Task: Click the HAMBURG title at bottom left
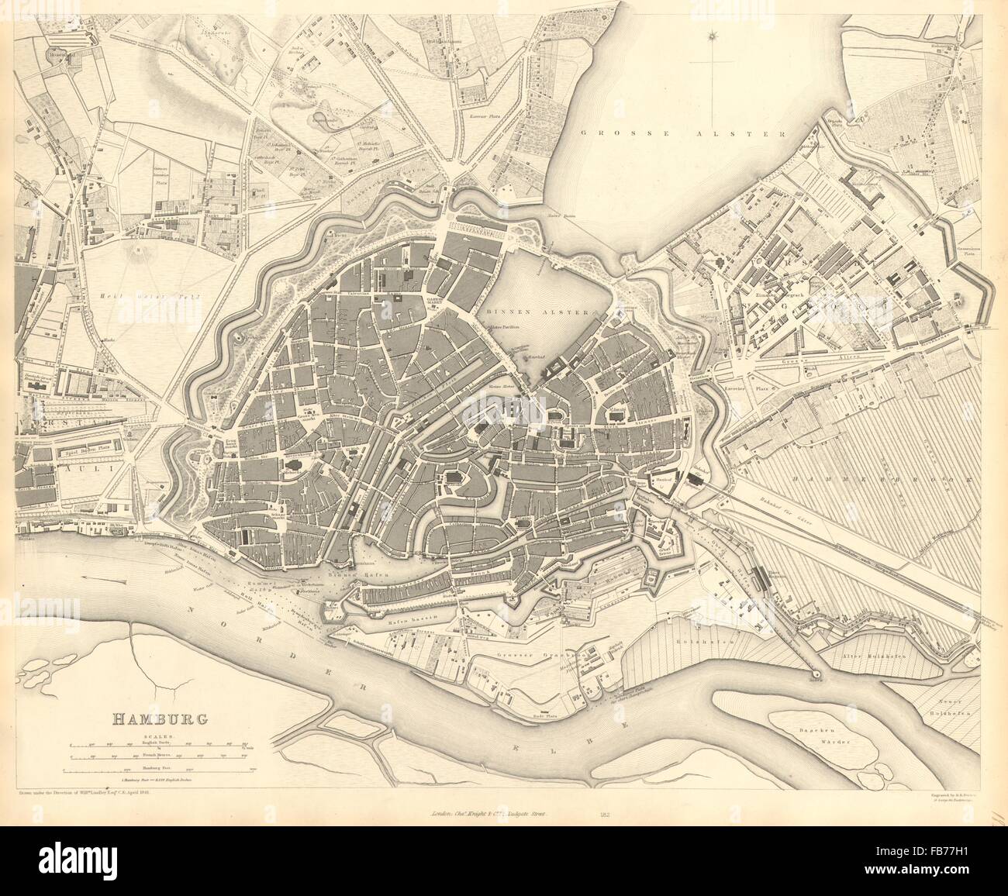click(161, 718)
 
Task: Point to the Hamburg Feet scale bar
click(159, 770)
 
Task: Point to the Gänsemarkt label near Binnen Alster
click(434, 301)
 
